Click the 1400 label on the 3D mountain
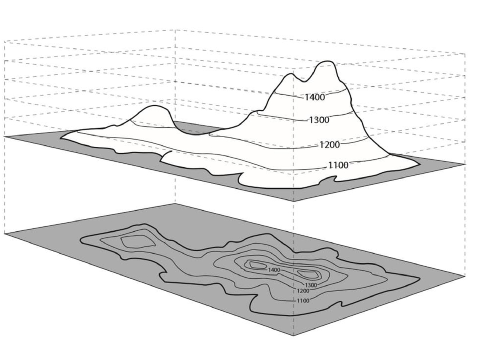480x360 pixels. tap(315, 97)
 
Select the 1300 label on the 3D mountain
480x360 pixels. tap(319, 120)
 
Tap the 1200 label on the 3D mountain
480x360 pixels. tap(330, 144)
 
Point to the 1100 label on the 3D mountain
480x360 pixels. tap(338, 165)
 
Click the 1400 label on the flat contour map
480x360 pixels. tap(274, 270)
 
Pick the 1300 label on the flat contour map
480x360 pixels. tap(311, 285)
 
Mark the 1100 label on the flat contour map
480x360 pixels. tap(303, 300)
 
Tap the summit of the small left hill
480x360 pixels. tap(153, 107)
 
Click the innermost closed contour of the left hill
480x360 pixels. tap(136, 242)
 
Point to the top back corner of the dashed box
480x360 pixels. tap(175, 30)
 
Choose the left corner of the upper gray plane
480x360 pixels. tap(5, 137)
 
